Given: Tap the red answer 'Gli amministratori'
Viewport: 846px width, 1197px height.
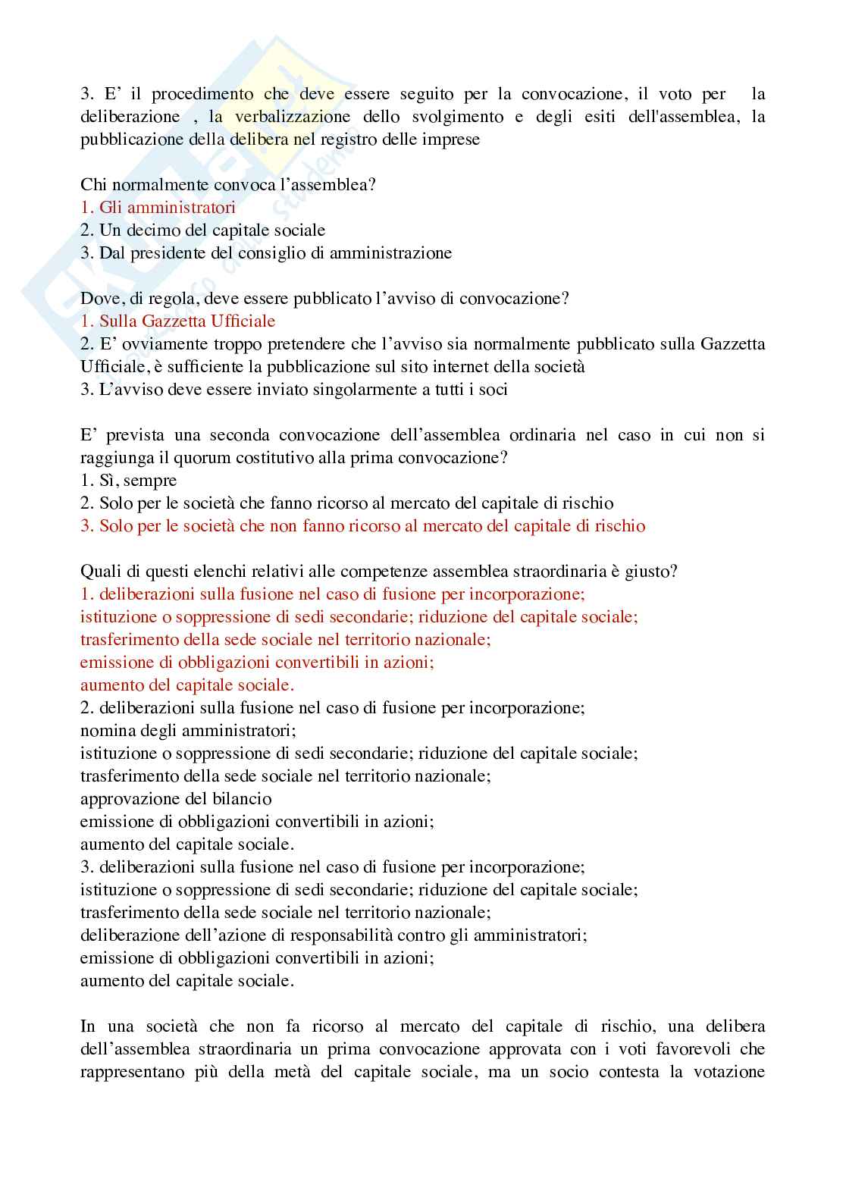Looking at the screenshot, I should (x=158, y=208).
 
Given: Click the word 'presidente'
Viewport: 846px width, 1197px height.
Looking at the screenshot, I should (x=168, y=253).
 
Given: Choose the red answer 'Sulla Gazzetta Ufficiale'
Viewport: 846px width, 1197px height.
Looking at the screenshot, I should (x=178, y=321).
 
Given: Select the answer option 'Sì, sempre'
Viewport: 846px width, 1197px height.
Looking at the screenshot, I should (x=129, y=481).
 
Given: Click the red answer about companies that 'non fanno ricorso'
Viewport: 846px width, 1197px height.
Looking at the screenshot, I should (x=363, y=526).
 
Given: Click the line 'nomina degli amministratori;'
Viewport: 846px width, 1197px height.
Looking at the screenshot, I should (x=188, y=731).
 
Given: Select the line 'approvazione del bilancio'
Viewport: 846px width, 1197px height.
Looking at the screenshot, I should (x=176, y=799).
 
